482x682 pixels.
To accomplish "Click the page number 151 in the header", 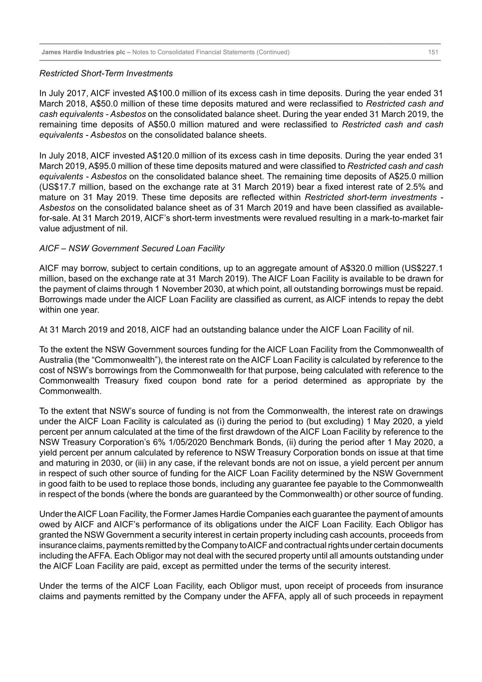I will pyautogui.click(x=433, y=52).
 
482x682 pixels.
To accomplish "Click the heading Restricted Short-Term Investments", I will pyautogui.click(x=106, y=73).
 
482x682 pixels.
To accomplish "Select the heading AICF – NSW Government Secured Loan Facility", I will pyautogui.click(x=132, y=248).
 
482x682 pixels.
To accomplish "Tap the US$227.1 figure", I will pyautogui.click(x=426, y=268).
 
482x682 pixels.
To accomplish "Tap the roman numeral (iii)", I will pyautogui.click(x=157, y=463).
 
